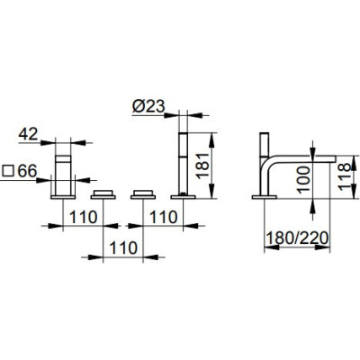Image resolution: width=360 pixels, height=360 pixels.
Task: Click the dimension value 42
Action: [x=28, y=134]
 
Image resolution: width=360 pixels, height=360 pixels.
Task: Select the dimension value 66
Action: [x=27, y=171]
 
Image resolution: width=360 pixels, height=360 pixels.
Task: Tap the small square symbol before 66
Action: [x=8, y=171]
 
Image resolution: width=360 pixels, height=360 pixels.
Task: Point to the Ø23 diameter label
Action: [x=148, y=106]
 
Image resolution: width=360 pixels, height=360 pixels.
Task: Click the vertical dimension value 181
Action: [x=203, y=166]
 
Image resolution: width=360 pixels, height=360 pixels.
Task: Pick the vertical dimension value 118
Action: [x=345, y=176]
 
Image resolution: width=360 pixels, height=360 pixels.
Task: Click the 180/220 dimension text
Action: [x=297, y=238]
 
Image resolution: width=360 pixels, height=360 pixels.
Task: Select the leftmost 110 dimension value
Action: [x=84, y=217]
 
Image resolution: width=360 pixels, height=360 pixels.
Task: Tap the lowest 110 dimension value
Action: [x=123, y=248]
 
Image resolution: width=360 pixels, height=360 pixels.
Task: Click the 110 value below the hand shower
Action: [x=164, y=217]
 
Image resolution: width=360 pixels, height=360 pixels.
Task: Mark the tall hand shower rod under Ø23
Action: [x=183, y=164]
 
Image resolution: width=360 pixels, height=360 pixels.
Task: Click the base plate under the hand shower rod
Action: [x=183, y=197]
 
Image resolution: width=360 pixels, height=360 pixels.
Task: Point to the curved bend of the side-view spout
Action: [x=265, y=164]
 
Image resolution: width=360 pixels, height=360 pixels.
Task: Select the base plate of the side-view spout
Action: [x=265, y=197]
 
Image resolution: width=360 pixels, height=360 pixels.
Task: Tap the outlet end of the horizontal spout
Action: [x=333, y=159]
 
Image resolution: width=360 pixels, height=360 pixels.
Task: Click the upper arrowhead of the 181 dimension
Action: [x=211, y=139]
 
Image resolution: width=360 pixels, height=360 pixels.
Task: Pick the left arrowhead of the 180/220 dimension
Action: [x=272, y=247]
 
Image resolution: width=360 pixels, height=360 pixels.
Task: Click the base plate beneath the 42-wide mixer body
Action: [x=63, y=197]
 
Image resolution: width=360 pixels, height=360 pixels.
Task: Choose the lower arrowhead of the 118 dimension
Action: [x=355, y=191]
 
